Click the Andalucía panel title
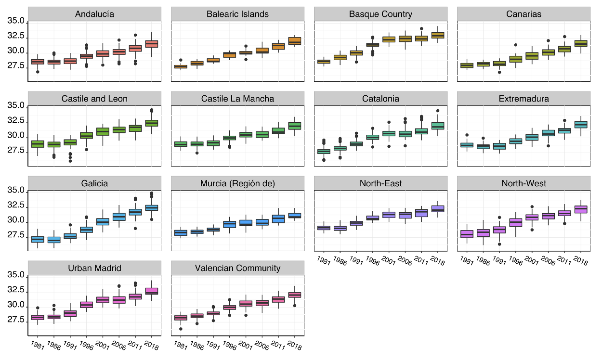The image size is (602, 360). click(94, 14)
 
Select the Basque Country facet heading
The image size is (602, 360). click(380, 14)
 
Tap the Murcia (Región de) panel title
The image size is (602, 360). click(237, 183)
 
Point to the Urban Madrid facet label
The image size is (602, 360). click(94, 268)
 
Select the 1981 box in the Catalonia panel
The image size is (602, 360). click(324, 151)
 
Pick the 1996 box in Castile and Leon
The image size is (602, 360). click(86, 135)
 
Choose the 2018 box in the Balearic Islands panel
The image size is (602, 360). click(294, 41)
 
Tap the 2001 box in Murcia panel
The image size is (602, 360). click(246, 223)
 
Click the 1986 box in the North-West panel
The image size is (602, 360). click(483, 233)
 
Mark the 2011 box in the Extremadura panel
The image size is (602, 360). click(564, 130)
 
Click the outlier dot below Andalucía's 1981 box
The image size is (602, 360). click(38, 72)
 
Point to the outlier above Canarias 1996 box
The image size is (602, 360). click(516, 45)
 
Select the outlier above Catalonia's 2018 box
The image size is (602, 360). click(438, 111)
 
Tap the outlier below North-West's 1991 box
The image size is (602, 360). click(499, 244)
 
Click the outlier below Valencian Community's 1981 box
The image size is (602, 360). click(181, 329)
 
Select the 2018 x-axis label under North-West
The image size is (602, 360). click(579, 261)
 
